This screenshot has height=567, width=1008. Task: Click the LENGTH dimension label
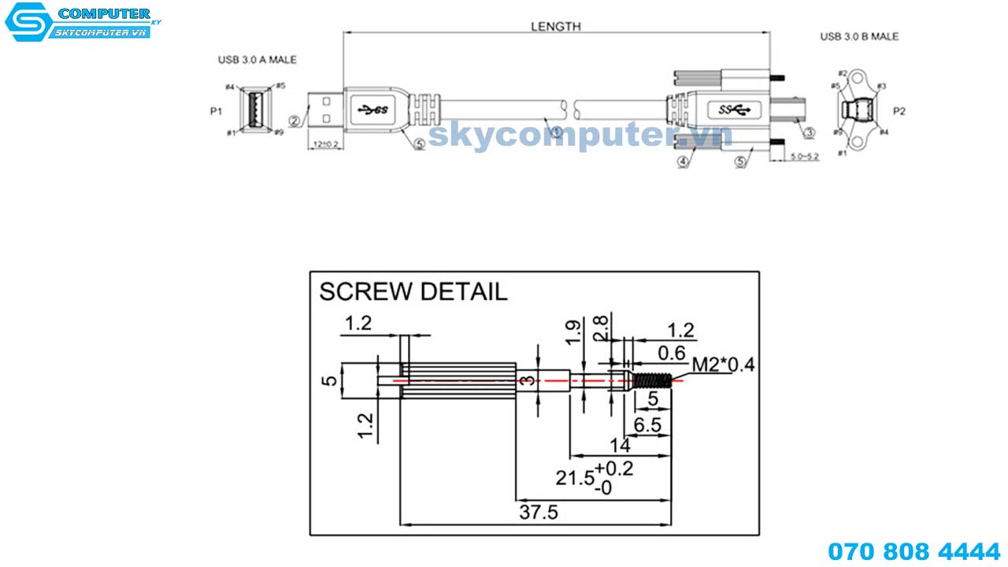[555, 26]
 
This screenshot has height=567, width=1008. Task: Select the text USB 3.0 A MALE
[258, 60]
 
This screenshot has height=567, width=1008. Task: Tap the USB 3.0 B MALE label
[859, 36]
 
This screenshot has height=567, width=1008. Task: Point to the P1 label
[216, 111]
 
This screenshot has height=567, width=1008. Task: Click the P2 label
[899, 111]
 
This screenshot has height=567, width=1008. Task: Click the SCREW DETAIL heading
[413, 291]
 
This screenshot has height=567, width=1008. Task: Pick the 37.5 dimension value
[539, 513]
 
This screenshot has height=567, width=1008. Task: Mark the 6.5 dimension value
[648, 424]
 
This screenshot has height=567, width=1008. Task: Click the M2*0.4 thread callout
[723, 365]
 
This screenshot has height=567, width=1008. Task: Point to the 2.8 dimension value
[601, 328]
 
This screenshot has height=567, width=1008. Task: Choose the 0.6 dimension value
[671, 353]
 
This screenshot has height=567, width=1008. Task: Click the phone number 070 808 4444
[913, 550]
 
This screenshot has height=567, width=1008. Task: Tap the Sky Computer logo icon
[26, 23]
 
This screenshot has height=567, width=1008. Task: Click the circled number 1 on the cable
[556, 132]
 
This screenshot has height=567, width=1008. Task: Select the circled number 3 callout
[808, 132]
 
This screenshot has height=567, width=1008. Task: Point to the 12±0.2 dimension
[325, 144]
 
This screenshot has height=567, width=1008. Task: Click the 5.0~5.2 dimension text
[803, 157]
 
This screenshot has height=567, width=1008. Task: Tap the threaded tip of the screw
[653, 380]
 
